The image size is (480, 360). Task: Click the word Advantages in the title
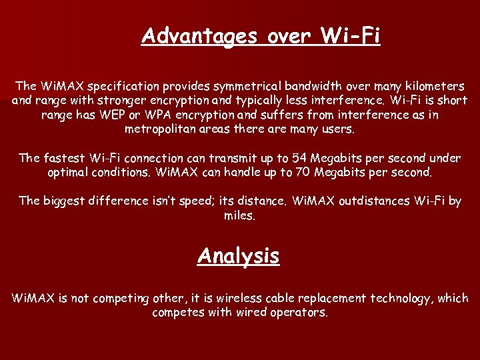click(x=199, y=36)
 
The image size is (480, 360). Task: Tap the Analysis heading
click(x=238, y=256)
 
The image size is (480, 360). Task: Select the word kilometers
click(x=433, y=87)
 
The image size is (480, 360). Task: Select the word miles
click(x=239, y=215)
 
